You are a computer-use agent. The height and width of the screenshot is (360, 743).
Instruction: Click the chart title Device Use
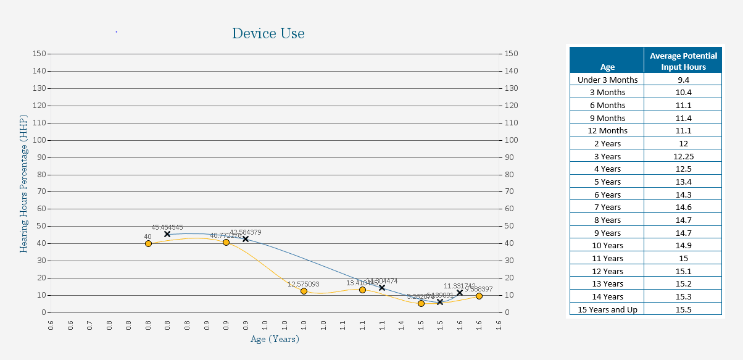click(x=268, y=33)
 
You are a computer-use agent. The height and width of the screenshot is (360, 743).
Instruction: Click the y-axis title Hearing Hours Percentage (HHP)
click(x=23, y=183)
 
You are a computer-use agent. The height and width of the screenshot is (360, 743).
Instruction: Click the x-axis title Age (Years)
click(x=274, y=339)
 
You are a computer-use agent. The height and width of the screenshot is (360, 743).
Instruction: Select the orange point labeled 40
click(x=148, y=244)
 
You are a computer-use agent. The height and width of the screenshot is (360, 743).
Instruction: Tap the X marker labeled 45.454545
click(x=167, y=234)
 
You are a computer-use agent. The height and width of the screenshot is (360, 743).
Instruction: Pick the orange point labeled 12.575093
click(x=304, y=291)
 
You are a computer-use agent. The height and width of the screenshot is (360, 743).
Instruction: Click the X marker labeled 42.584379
click(x=246, y=239)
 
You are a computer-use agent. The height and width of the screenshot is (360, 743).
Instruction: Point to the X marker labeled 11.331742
click(x=460, y=293)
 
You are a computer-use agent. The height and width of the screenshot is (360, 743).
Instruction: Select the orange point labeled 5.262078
click(x=421, y=303)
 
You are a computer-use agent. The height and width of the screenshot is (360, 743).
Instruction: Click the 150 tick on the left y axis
click(x=39, y=54)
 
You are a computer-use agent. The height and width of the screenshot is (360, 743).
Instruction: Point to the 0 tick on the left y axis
click(x=43, y=312)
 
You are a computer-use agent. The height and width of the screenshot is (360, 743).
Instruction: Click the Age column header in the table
click(x=607, y=67)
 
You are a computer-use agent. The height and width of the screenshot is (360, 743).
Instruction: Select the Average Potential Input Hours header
click(x=683, y=61)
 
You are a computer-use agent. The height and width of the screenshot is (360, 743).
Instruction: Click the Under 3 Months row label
click(x=607, y=80)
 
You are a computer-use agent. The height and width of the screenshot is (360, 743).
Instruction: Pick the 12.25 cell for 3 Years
click(x=683, y=156)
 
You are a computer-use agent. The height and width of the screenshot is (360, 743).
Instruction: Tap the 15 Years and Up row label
click(x=607, y=309)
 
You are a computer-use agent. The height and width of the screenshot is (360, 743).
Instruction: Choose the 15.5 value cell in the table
click(x=683, y=309)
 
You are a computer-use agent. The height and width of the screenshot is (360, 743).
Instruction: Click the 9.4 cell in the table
click(x=683, y=80)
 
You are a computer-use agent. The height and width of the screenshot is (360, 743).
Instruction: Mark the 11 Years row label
click(x=607, y=259)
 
